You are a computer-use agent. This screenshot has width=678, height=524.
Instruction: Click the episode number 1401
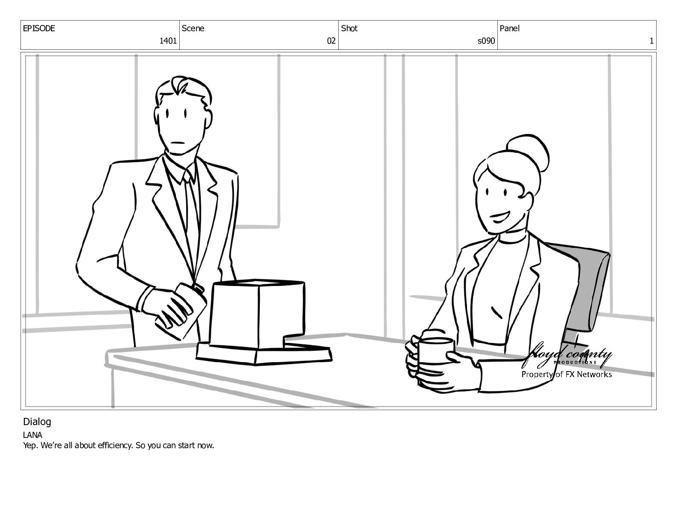(168, 41)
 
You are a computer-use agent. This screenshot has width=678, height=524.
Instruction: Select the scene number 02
(331, 41)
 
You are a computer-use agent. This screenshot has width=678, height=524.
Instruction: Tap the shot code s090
(486, 41)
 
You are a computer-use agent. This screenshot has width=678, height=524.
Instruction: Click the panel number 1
(651, 41)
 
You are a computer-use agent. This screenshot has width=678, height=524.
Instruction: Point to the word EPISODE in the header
(39, 28)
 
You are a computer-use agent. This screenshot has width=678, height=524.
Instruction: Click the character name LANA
(33, 435)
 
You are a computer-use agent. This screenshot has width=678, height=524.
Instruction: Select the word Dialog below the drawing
(37, 422)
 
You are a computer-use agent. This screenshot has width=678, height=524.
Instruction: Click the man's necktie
(192, 218)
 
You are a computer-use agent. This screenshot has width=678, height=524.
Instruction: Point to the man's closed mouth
(178, 143)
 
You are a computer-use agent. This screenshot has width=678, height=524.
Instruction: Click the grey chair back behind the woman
(586, 290)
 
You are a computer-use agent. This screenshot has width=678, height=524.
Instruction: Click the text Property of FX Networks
(566, 374)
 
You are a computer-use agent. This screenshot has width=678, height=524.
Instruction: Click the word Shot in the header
(349, 28)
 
